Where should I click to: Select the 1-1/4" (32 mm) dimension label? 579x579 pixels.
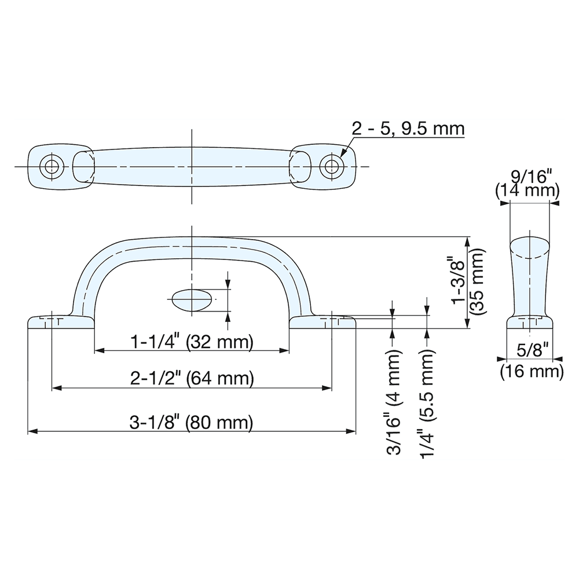coord(192,342)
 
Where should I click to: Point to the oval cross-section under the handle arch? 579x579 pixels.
coord(191,299)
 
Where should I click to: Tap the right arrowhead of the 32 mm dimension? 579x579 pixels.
coord(284,351)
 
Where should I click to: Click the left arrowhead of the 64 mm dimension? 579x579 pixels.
coord(57,388)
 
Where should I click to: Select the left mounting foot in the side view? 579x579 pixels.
coord(61,321)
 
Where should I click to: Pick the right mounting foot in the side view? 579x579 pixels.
coord(322,321)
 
